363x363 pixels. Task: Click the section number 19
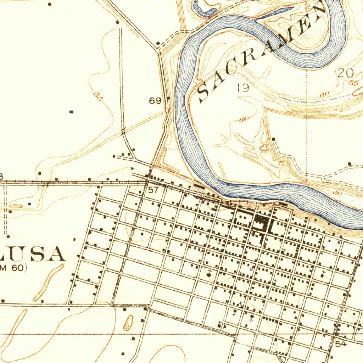point(243,88)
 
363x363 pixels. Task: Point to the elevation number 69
point(155,101)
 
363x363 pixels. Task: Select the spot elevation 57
point(153,190)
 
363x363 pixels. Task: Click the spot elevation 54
point(341,344)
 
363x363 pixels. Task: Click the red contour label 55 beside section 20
point(353,84)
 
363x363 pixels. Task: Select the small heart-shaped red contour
point(264,146)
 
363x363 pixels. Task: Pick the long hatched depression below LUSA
point(49,282)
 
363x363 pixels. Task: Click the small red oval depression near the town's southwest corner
point(128,322)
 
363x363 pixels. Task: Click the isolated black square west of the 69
point(71,112)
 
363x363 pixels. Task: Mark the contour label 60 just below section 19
point(243,119)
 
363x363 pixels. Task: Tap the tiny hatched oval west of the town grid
point(16,206)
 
